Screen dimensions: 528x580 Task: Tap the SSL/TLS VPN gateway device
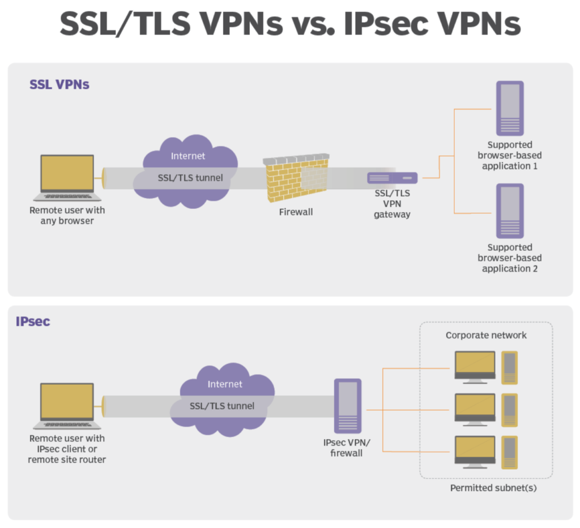coord(393,178)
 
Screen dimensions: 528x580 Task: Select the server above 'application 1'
coord(510,108)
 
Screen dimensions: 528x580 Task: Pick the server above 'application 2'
coord(510,211)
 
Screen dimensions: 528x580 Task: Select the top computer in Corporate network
coord(475,367)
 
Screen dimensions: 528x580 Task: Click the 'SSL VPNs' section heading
coord(59,85)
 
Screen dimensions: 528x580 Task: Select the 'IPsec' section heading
coord(33,322)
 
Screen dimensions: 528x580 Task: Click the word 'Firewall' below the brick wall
coord(296,212)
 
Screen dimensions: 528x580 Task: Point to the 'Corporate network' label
coord(486,335)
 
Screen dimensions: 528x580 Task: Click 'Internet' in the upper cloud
coord(189,156)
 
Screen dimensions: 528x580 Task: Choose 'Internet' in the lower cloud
coord(225,384)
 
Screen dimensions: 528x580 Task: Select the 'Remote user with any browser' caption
coord(67,216)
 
